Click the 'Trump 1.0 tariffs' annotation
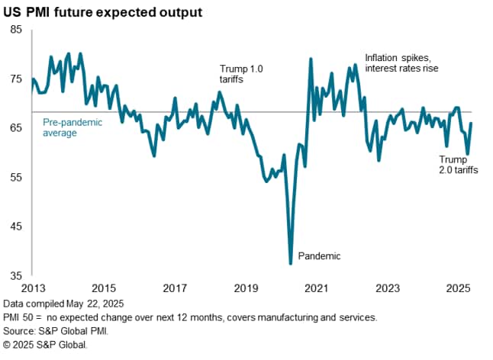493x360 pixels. click(241, 74)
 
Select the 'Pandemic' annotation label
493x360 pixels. click(318, 256)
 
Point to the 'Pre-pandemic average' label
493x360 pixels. click(66, 127)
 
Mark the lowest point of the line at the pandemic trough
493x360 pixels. click(291, 263)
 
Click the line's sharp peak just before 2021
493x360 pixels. click(311, 59)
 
